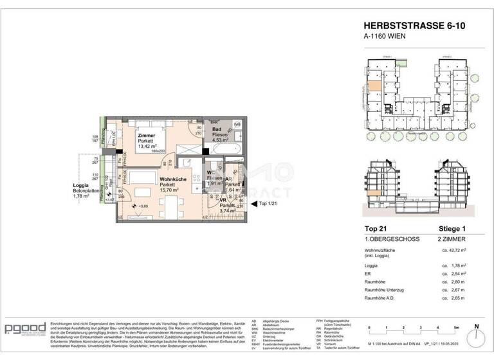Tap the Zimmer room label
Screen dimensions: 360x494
pos(147,136)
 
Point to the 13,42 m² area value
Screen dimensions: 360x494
pos(149,146)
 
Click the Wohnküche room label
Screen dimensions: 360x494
pos(173,180)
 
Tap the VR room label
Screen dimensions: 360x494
pos(223,200)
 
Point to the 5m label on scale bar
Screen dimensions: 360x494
pos(455,328)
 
